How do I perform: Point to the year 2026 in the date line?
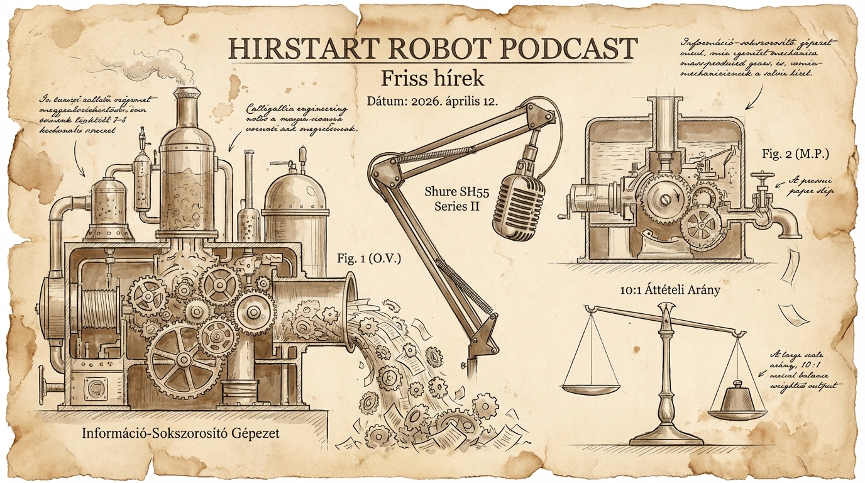coord(417,102)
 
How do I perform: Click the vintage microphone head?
coord(518,203)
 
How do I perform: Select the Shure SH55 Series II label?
coord(452,197)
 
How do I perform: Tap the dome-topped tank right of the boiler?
coord(295,198)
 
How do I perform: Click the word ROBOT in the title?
coord(405,48)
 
